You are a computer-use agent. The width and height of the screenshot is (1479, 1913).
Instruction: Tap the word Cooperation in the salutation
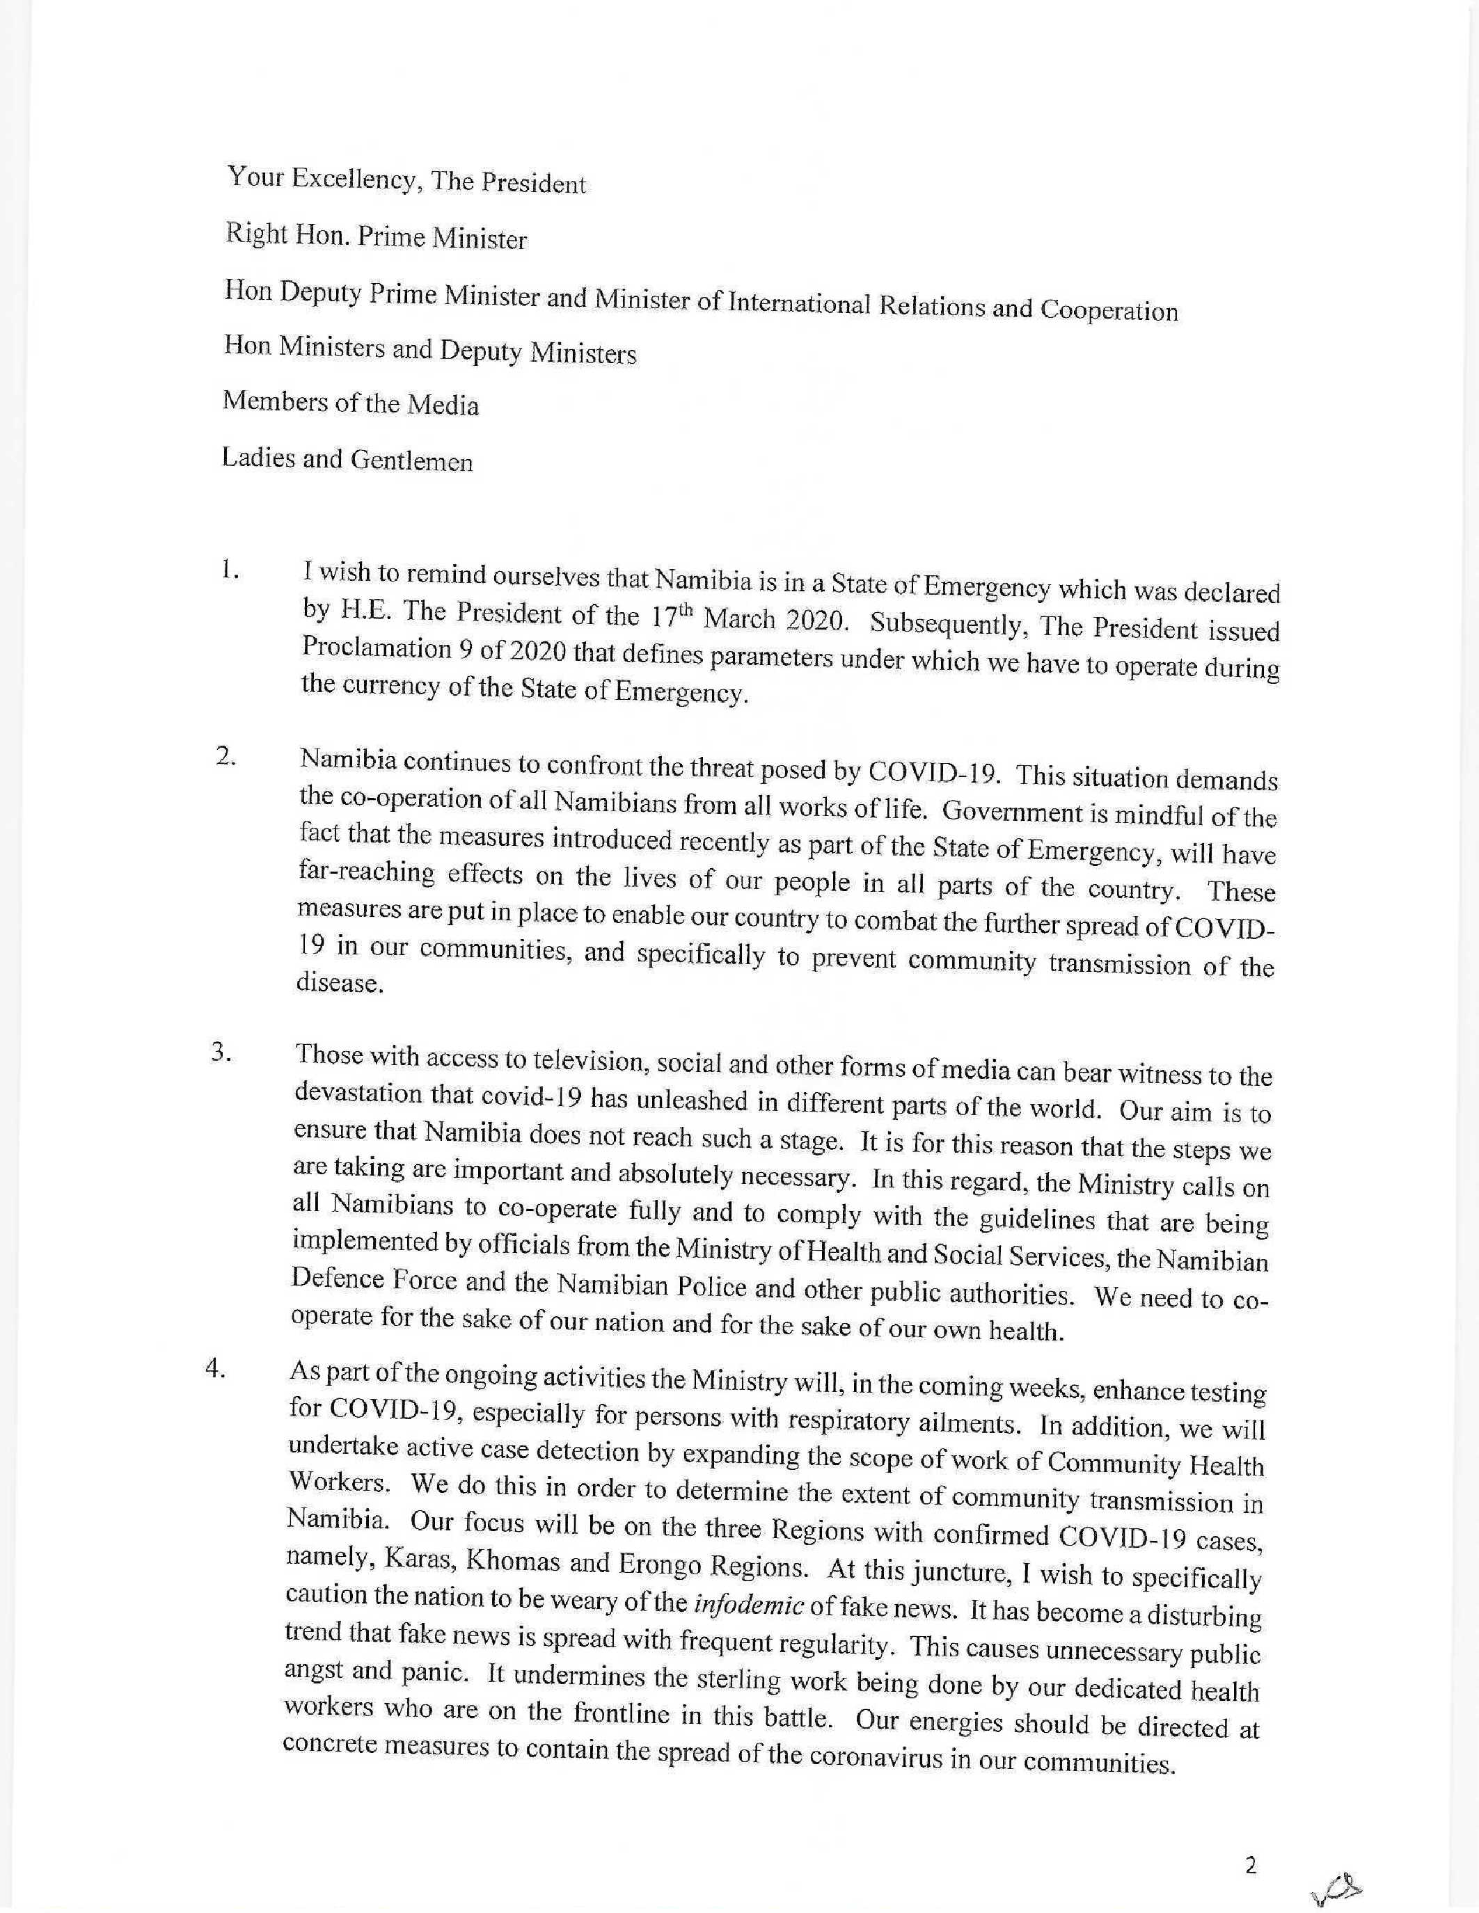click(1108, 310)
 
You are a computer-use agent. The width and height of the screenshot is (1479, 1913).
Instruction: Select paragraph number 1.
click(230, 570)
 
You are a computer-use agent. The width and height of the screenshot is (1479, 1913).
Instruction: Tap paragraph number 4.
click(216, 1368)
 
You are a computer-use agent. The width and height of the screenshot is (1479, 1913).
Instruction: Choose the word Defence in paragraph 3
click(334, 1279)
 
